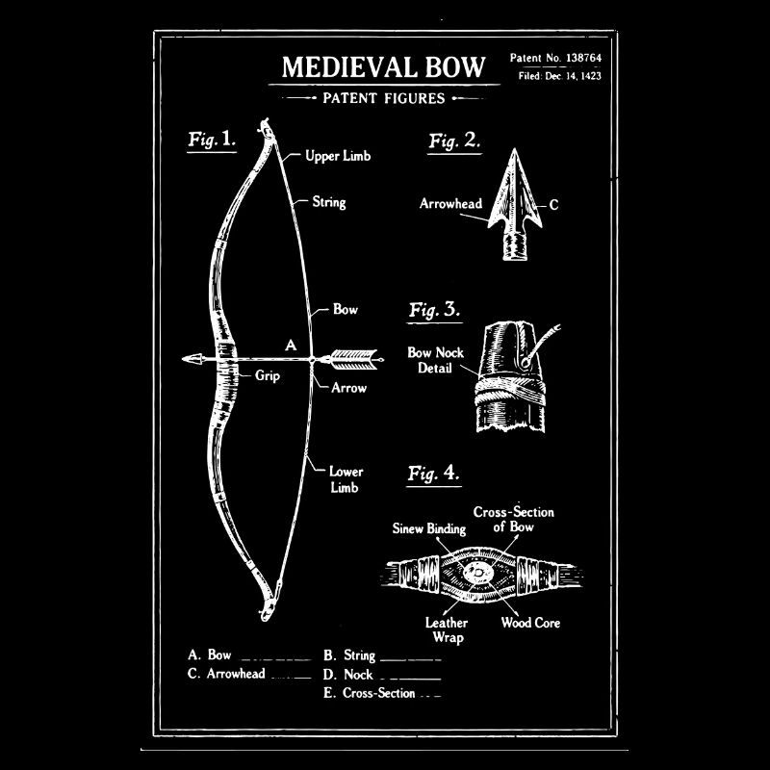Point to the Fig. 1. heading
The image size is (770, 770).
click(x=211, y=140)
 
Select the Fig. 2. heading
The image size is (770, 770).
click(x=454, y=141)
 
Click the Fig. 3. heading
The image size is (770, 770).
click(x=434, y=310)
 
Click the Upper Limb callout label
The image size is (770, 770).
click(x=337, y=156)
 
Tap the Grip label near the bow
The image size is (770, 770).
click(x=268, y=376)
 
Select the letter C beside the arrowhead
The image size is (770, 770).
click(x=553, y=205)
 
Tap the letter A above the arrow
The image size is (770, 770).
click(x=291, y=345)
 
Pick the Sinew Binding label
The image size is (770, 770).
click(x=429, y=528)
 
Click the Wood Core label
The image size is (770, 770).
click(x=530, y=623)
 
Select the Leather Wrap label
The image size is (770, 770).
click(x=447, y=629)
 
